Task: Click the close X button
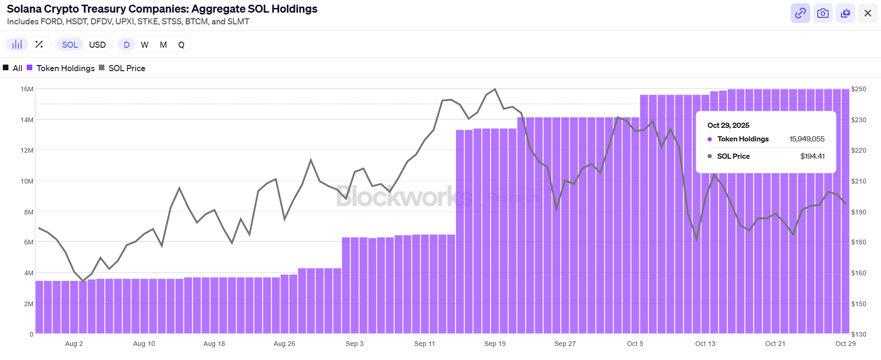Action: click(x=867, y=13)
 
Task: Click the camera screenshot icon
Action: click(x=822, y=13)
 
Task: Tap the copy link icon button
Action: click(x=800, y=13)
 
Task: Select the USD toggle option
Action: click(x=97, y=44)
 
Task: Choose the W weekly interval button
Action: click(x=145, y=44)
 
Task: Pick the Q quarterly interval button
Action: click(x=181, y=44)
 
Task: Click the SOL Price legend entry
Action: click(x=126, y=68)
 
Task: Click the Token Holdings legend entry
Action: click(x=65, y=68)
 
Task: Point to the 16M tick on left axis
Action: click(x=27, y=89)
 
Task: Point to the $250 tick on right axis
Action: click(x=859, y=89)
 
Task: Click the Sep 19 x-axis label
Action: click(x=495, y=344)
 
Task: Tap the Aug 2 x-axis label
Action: click(x=74, y=344)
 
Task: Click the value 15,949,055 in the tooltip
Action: click(x=807, y=139)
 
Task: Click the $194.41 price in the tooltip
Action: click(x=812, y=156)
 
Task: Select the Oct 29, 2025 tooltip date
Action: click(x=728, y=125)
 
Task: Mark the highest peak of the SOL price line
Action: click(x=495, y=89)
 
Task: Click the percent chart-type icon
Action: click(x=39, y=44)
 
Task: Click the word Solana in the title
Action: click(x=23, y=9)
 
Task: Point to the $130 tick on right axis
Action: click(x=859, y=334)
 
